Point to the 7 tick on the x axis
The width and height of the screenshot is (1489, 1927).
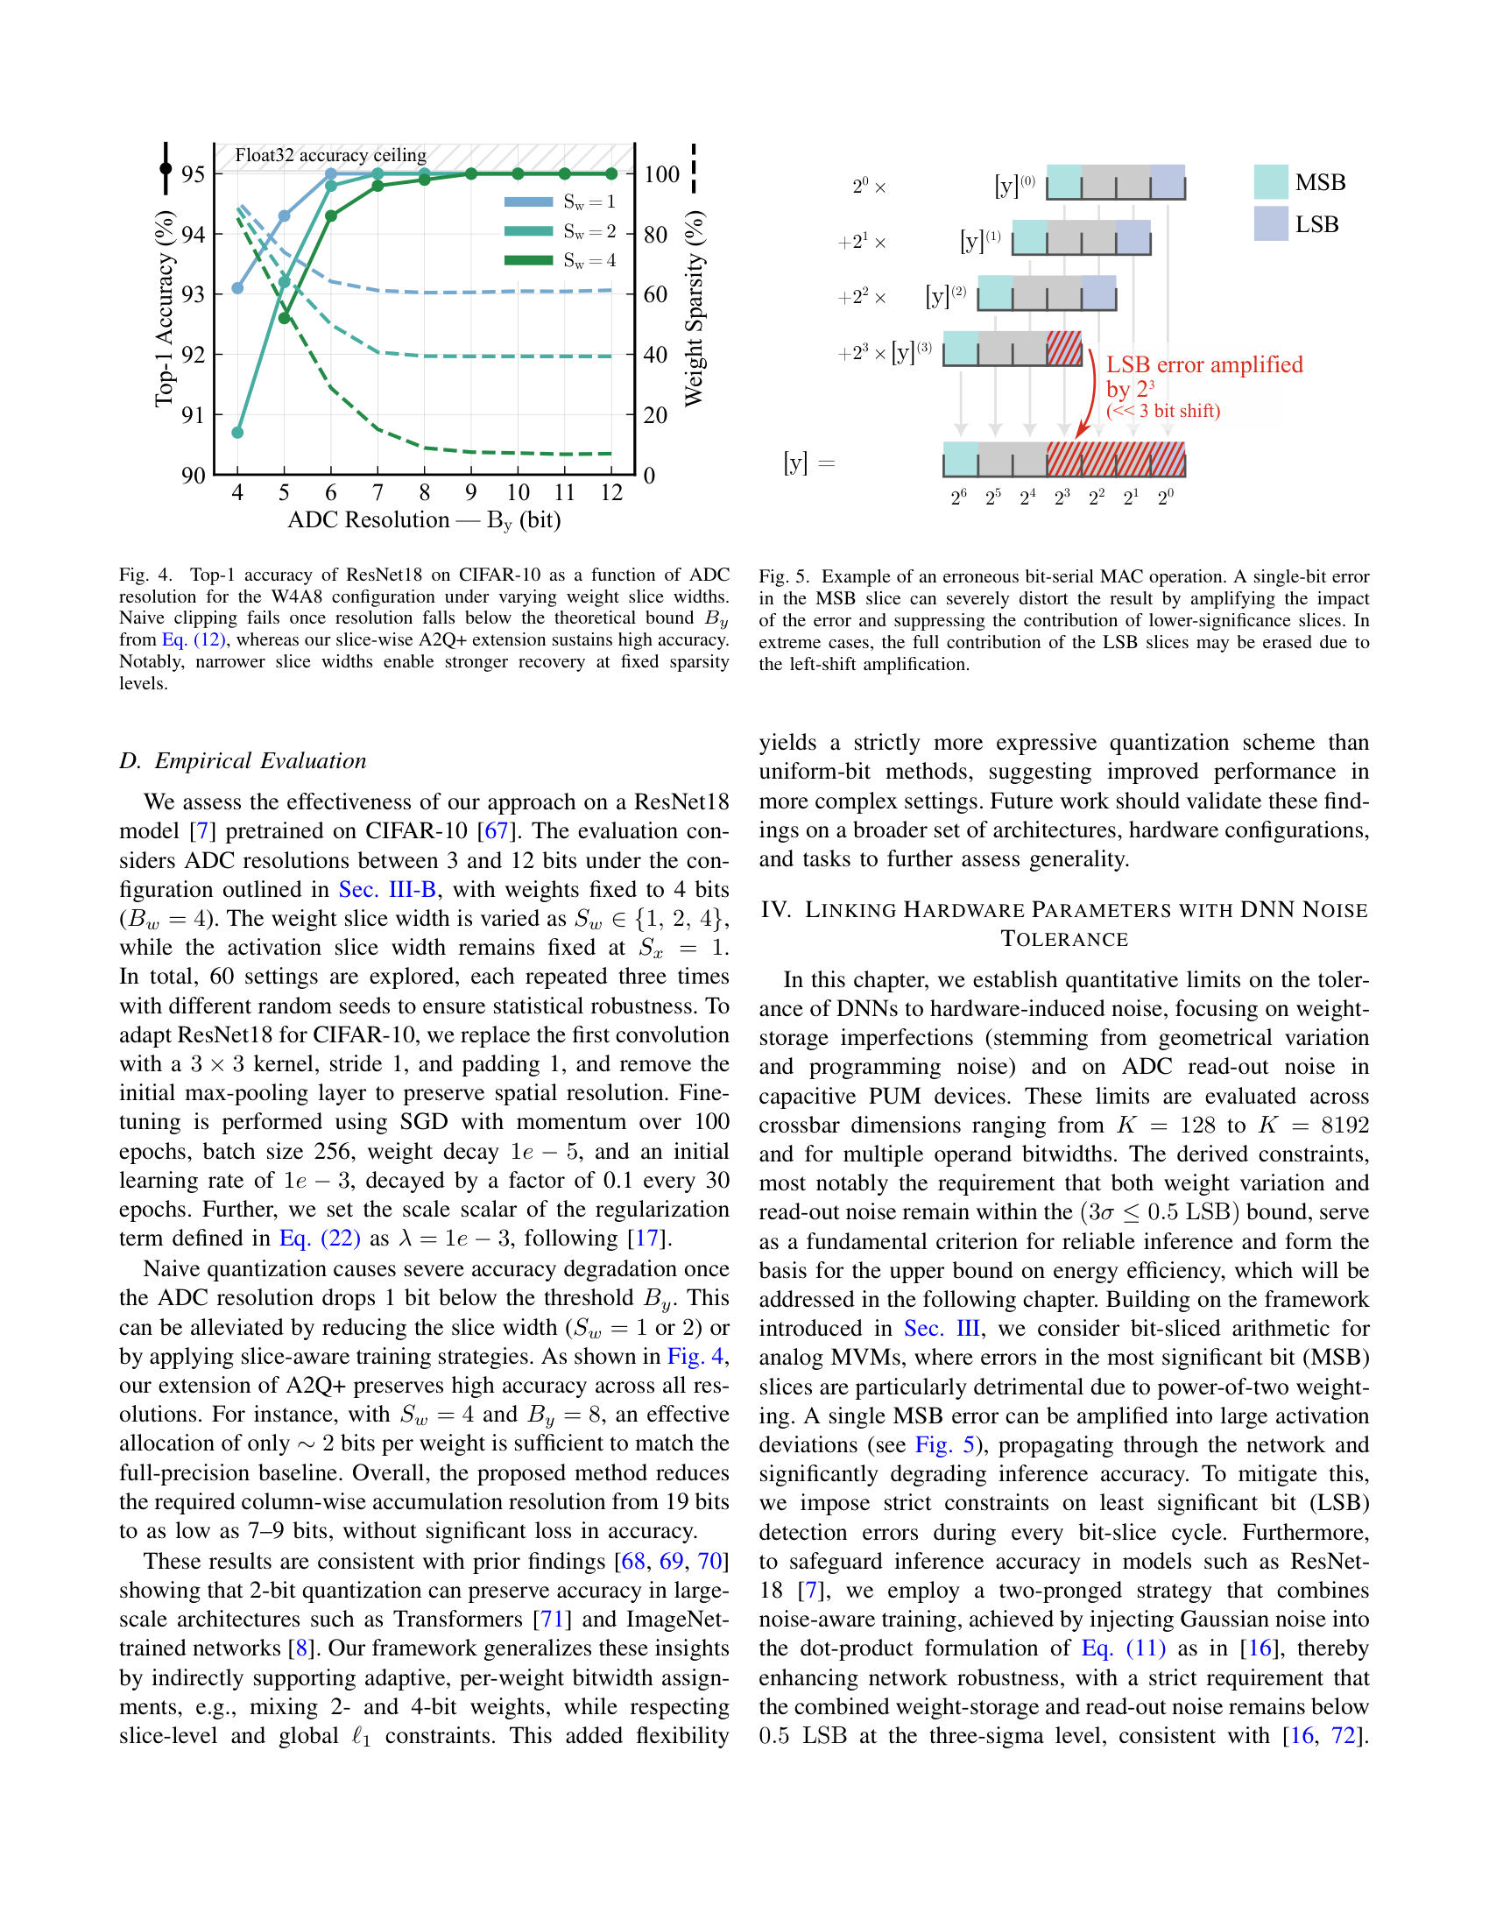click(x=378, y=492)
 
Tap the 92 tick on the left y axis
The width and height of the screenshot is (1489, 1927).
click(x=194, y=355)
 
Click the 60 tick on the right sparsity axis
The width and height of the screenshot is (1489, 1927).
click(x=655, y=293)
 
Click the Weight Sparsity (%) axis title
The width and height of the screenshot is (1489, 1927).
click(x=695, y=309)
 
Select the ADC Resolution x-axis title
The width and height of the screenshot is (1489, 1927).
click(x=424, y=519)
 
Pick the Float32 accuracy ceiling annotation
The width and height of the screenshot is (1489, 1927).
click(x=330, y=155)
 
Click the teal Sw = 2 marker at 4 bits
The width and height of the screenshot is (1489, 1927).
click(x=237, y=433)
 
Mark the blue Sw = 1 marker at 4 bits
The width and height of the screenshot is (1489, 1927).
click(x=237, y=287)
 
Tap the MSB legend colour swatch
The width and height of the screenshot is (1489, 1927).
click(x=1270, y=182)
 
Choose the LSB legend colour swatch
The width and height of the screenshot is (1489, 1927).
click(x=1270, y=224)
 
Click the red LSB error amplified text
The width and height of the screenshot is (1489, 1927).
click(x=1203, y=365)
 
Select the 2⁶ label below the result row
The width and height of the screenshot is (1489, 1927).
click(x=959, y=498)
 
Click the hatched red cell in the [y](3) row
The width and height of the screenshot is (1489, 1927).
click(x=1064, y=349)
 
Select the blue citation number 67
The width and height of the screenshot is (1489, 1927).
click(x=498, y=831)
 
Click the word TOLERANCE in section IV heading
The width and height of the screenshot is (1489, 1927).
click(x=1064, y=939)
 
